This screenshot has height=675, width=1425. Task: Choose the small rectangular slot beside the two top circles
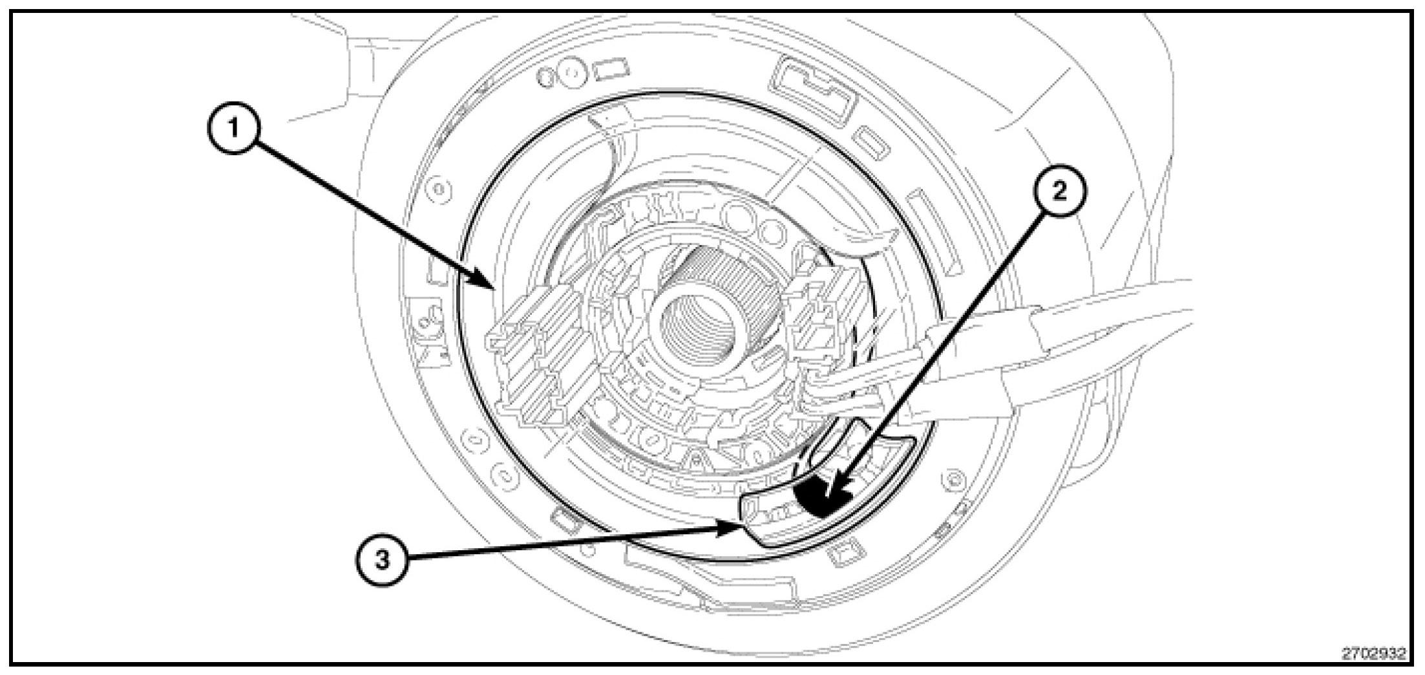pos(611,70)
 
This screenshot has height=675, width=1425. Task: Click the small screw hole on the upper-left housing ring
pos(439,189)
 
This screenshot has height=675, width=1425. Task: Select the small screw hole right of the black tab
pos(954,480)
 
